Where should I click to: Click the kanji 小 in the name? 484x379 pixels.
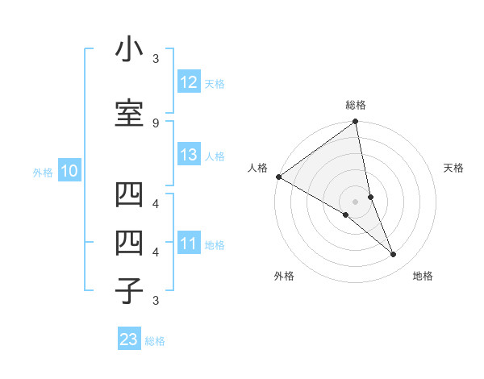[x=128, y=51]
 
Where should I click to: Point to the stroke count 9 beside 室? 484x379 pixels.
[x=156, y=123]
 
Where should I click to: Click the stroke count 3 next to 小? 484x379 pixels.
[x=156, y=58]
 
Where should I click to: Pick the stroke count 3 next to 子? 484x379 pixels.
[x=156, y=301]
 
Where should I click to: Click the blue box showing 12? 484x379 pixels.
[x=189, y=82]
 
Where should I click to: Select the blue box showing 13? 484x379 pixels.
[x=189, y=155]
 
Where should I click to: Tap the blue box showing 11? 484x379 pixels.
[x=189, y=244]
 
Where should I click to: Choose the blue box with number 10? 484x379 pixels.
[x=69, y=171]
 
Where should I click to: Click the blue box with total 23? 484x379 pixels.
[x=129, y=339]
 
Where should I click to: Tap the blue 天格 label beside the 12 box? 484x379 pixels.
[x=215, y=83]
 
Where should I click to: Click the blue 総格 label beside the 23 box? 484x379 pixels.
[x=155, y=340]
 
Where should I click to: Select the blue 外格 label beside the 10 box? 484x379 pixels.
[x=43, y=172]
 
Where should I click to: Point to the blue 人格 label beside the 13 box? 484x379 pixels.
[x=215, y=156]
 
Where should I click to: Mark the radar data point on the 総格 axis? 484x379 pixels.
[x=356, y=123]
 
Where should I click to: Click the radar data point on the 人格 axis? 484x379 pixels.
[x=278, y=177]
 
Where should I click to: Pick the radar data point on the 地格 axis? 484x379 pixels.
[x=394, y=255]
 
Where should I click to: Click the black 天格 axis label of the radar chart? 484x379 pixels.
[x=454, y=168]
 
